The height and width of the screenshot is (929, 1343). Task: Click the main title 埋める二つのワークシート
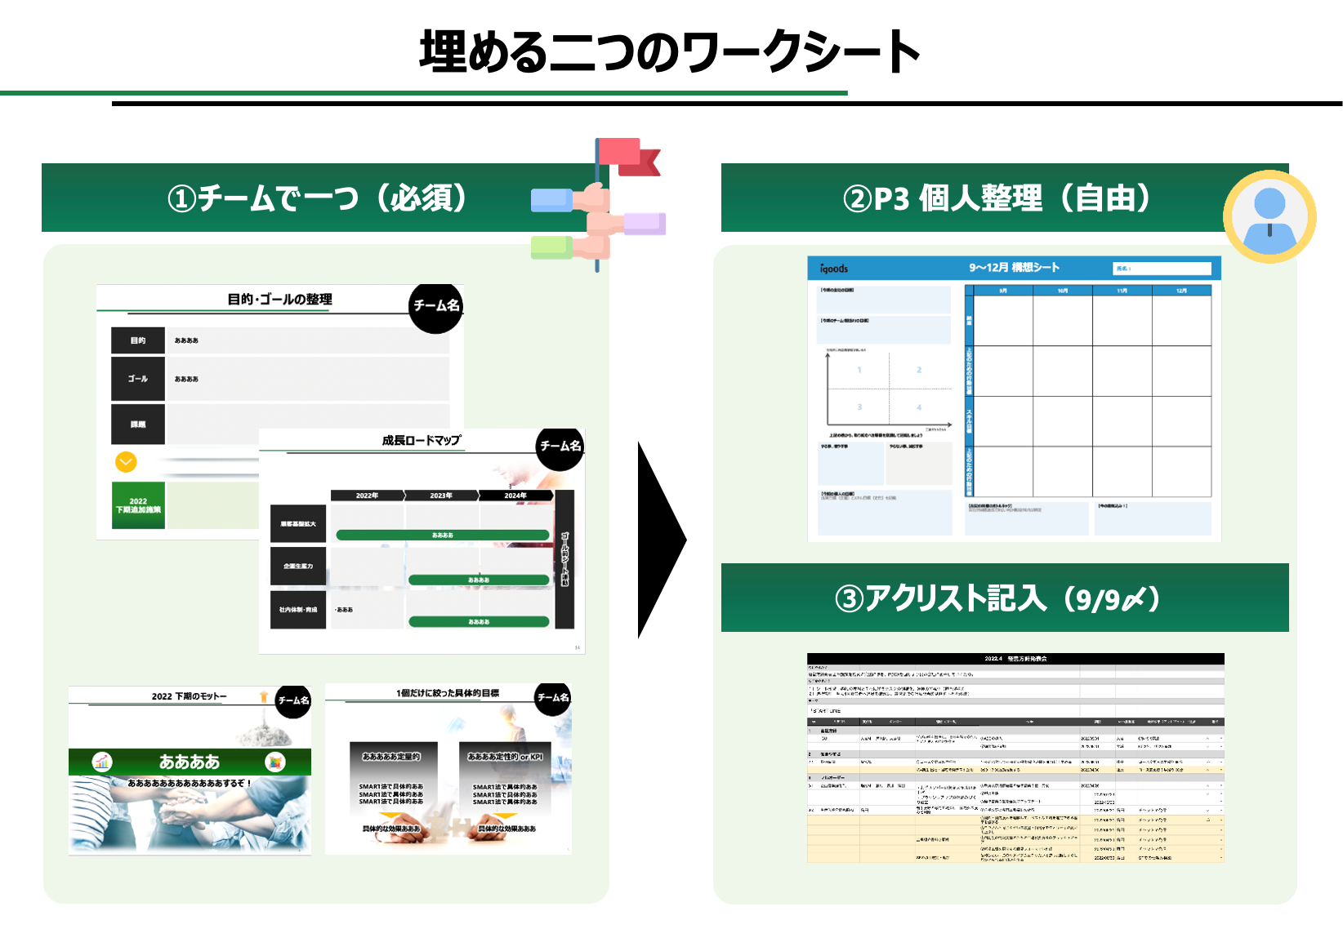[x=670, y=51]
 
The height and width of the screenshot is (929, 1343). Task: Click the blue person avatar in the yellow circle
[x=1269, y=217]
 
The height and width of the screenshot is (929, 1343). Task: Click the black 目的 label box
[x=138, y=340]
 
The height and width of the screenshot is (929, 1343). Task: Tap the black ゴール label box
[x=138, y=379]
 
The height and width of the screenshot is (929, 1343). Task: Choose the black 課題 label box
[x=138, y=424]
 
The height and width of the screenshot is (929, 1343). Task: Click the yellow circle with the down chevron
[x=126, y=462]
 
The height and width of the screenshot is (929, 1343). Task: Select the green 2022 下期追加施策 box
[x=138, y=505]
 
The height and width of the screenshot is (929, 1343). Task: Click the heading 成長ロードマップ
[x=422, y=440]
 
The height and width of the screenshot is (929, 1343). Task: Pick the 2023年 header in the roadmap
[x=441, y=496]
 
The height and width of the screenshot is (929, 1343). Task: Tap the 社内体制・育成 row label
[x=298, y=610]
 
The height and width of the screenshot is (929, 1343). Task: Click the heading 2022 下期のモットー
[x=189, y=696]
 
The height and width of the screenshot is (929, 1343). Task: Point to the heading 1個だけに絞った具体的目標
[x=448, y=693]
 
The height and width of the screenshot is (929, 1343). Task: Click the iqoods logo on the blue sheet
[x=834, y=269]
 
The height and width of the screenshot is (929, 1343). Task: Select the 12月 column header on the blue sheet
[x=1181, y=291]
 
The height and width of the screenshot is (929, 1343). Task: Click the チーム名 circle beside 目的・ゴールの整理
[x=436, y=306]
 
